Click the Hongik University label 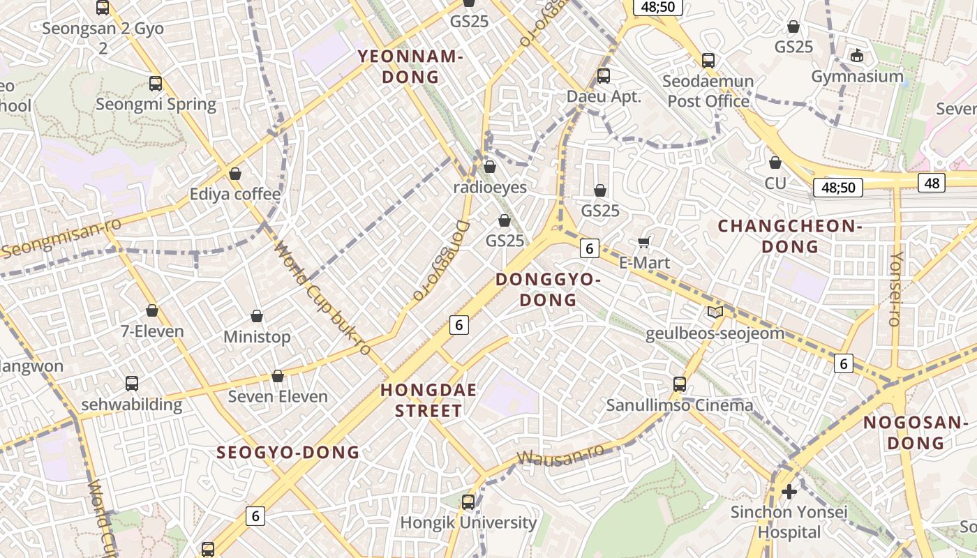[x=468, y=522]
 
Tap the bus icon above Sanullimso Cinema [x=680, y=384]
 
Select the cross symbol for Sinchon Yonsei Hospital [x=789, y=492]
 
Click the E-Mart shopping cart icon [x=644, y=242]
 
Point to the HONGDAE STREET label [x=428, y=400]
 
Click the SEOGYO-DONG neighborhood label [x=288, y=452]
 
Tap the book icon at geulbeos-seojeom [x=715, y=312]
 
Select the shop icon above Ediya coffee [x=235, y=173]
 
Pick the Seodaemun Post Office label [x=708, y=91]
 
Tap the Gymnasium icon [x=857, y=55]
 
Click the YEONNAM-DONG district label [x=410, y=67]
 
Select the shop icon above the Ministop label [x=257, y=316]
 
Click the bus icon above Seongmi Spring [x=156, y=84]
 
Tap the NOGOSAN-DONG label [x=913, y=432]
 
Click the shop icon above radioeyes [x=490, y=167]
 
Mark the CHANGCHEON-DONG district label [x=790, y=236]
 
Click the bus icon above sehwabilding [x=132, y=383]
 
